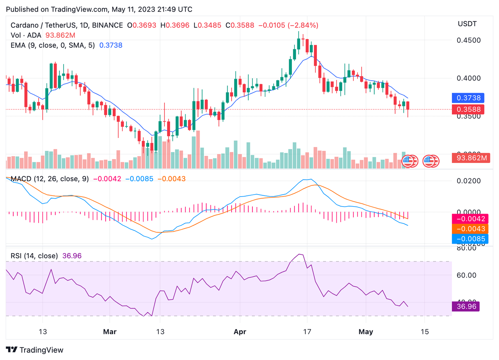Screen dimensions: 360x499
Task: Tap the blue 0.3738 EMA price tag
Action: tap(465, 98)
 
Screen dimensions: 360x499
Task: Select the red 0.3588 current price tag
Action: tap(465, 109)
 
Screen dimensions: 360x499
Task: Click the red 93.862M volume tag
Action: tap(469, 158)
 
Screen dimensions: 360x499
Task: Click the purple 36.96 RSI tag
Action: tap(465, 307)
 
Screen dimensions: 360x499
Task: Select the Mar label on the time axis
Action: tap(110, 332)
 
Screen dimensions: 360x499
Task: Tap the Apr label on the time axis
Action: tap(240, 332)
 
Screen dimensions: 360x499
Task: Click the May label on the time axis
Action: tap(366, 332)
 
